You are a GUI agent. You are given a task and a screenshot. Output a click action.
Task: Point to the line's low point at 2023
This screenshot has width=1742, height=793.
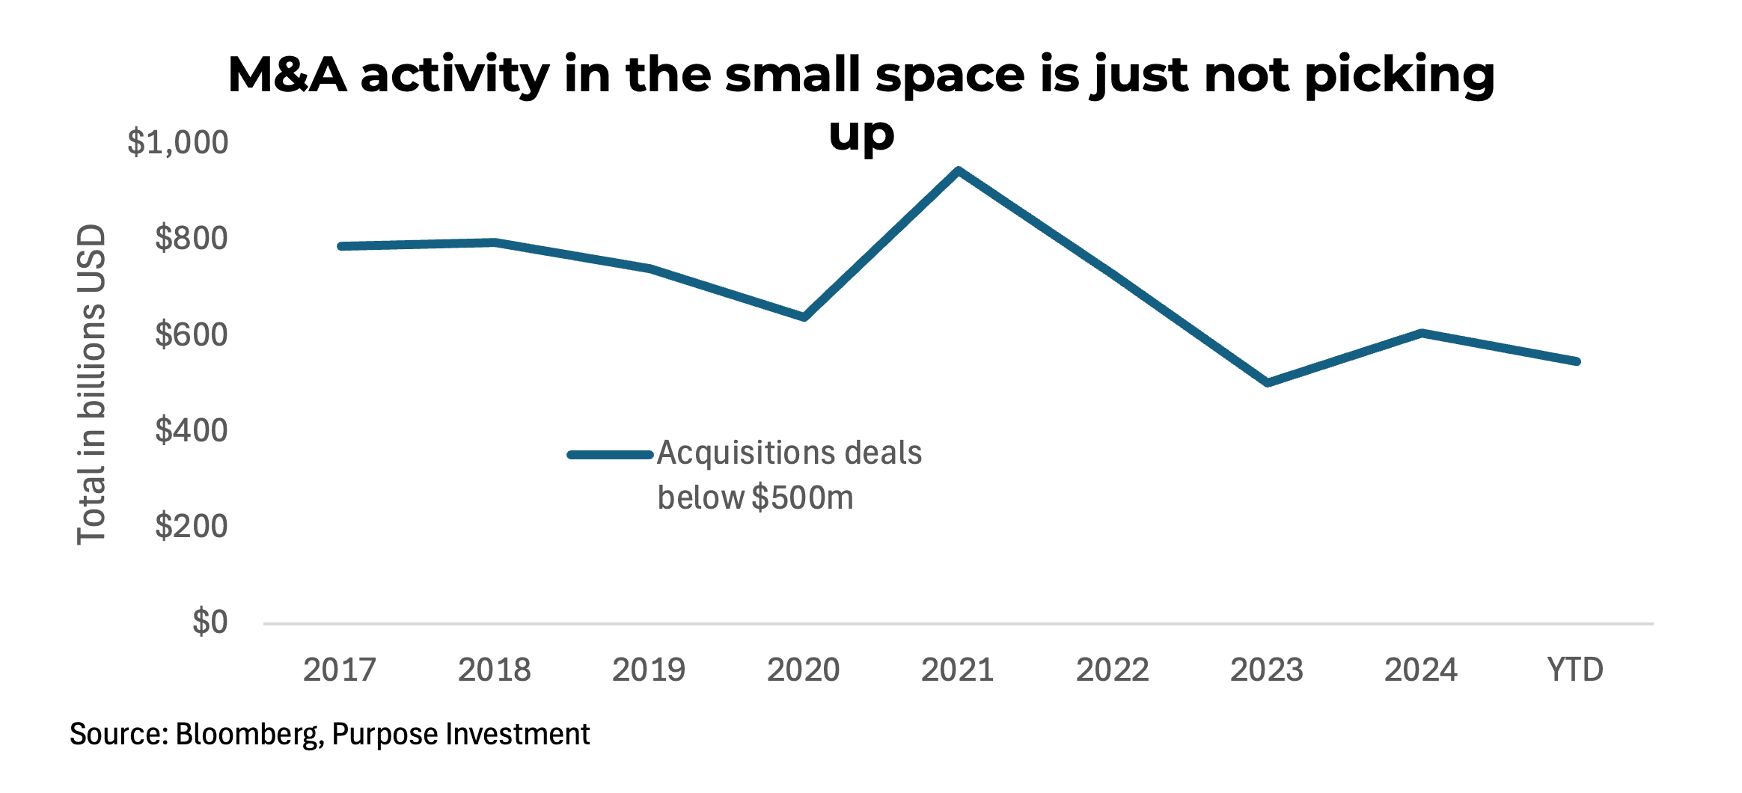click(1267, 382)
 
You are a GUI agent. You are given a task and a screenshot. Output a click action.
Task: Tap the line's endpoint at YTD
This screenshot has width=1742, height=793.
click(1577, 361)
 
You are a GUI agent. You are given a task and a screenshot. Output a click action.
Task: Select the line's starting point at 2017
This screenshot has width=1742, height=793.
click(341, 246)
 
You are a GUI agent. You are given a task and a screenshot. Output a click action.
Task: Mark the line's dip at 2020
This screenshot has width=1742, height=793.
click(804, 317)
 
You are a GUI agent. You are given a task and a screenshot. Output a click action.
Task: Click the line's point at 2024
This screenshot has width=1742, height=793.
click(1421, 333)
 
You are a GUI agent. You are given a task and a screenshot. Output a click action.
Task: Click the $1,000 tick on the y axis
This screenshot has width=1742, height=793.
click(177, 142)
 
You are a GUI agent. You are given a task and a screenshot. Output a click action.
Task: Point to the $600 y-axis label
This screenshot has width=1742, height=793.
click(191, 334)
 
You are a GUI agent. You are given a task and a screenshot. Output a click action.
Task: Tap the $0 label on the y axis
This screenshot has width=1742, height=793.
click(210, 622)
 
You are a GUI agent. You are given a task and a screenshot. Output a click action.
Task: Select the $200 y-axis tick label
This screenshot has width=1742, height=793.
click(191, 527)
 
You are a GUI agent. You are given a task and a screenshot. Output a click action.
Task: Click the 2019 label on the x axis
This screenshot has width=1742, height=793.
click(649, 670)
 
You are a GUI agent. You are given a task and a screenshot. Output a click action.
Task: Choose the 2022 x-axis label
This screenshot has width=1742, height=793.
click(1112, 670)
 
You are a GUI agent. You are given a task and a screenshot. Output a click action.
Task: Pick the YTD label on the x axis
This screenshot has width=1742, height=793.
click(1575, 670)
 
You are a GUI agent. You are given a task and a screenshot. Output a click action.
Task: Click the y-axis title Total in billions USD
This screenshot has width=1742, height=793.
click(91, 385)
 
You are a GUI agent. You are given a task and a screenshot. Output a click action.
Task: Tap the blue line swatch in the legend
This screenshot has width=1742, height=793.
click(611, 455)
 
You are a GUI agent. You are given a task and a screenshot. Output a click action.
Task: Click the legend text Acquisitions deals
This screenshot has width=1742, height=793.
click(789, 453)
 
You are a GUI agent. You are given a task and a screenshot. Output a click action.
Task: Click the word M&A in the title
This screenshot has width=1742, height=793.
click(287, 75)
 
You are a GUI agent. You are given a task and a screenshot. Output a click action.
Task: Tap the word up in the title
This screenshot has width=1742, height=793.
click(861, 135)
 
